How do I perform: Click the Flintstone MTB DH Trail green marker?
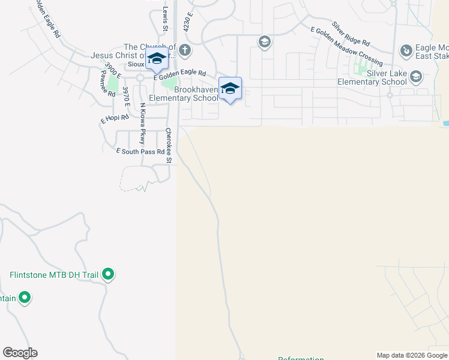(x=108, y=275)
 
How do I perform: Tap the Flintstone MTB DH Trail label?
(x=53, y=275)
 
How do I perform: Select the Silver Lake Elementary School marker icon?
(x=416, y=76)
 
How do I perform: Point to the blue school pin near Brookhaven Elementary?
(x=230, y=89)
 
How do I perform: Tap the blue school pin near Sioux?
(x=156, y=59)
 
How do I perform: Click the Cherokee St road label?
(x=169, y=145)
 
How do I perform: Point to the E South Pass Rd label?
(x=140, y=152)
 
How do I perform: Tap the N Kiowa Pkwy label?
(x=143, y=123)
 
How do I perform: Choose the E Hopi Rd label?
(x=114, y=118)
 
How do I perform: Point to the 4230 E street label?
(x=188, y=21)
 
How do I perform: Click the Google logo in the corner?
(x=20, y=353)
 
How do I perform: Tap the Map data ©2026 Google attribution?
(x=412, y=355)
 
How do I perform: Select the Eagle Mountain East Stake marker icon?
(x=407, y=50)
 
